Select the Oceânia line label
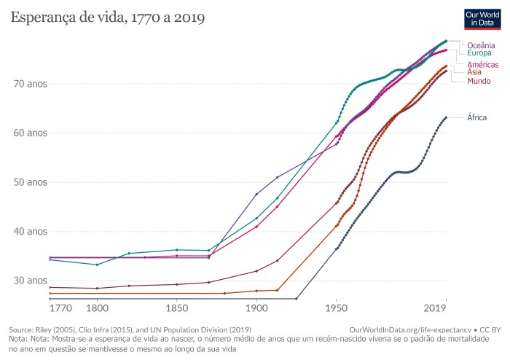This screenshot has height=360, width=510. [482, 45]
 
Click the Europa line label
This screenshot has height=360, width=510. [479, 53]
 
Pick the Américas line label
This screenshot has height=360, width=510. [482, 65]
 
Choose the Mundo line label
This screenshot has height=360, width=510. [479, 80]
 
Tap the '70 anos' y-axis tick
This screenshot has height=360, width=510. [30, 84]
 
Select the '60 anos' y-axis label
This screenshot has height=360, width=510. [30, 133]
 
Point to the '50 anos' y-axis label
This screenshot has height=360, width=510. [30, 182]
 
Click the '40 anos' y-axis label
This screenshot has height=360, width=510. [30, 232]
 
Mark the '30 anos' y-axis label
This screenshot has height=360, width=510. [30, 281]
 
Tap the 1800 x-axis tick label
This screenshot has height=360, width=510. [97, 309]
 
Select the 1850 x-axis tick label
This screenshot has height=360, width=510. [176, 309]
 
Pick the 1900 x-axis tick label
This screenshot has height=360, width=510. [256, 309]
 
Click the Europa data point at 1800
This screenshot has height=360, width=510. [97, 265]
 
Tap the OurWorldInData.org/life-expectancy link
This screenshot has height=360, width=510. [405, 330]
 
